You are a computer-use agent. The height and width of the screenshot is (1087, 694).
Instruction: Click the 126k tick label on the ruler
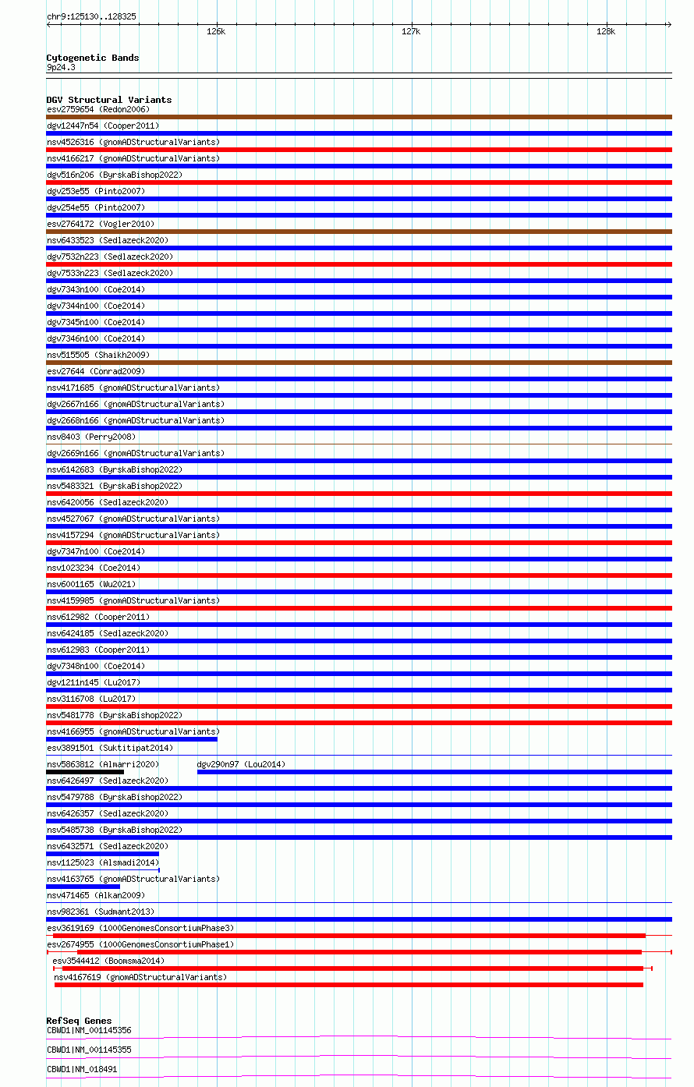[216, 32]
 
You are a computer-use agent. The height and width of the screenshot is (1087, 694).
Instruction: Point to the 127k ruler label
[411, 32]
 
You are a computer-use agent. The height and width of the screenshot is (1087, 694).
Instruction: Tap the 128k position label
[606, 32]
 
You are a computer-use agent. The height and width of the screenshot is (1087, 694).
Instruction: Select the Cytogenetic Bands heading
[92, 58]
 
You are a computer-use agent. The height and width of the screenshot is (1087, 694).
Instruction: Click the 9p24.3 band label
[61, 67]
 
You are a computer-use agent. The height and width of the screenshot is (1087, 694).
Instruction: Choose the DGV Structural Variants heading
[108, 100]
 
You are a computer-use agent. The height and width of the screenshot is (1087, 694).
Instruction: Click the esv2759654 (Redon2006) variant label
[97, 109]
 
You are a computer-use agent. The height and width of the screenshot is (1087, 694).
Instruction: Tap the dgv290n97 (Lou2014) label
[241, 764]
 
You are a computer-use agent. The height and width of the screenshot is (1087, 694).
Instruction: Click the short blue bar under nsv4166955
[132, 739]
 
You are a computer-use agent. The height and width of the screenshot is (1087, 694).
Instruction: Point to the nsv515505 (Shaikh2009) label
[97, 355]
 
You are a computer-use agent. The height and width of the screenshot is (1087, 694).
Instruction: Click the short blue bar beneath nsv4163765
[83, 887]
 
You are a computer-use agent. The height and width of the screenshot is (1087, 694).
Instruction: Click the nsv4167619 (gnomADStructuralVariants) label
[140, 977]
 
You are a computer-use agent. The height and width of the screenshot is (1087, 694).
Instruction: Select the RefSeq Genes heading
[79, 1021]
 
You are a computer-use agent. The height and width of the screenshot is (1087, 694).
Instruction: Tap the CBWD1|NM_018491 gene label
[82, 1069]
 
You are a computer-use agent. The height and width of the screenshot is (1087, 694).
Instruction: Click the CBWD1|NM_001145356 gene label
[89, 1030]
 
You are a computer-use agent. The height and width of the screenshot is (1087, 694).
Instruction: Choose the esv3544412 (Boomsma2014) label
[108, 961]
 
